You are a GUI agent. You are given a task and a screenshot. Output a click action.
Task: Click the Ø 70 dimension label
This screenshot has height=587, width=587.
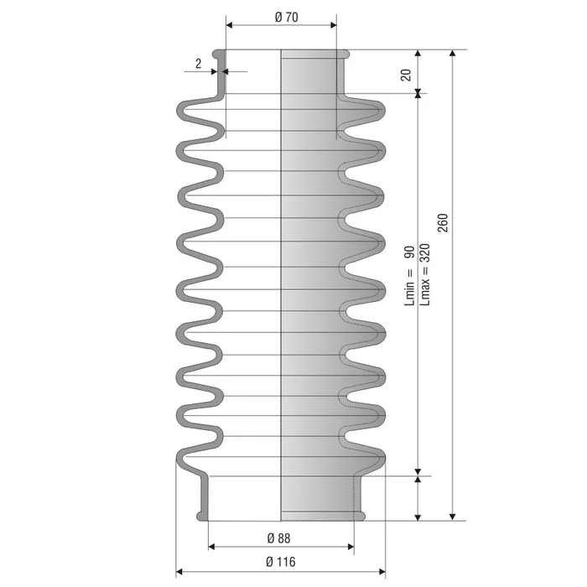tap(287, 18)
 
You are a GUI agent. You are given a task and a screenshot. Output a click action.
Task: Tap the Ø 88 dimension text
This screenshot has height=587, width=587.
tap(279, 538)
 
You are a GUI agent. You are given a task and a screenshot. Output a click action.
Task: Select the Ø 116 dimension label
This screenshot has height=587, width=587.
tap(281, 562)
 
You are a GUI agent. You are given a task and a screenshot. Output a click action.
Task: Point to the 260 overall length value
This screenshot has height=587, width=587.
tap(443, 223)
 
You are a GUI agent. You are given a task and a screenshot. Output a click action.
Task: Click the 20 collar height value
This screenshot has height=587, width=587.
tap(406, 75)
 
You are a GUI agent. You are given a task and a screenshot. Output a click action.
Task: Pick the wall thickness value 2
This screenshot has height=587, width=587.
tap(198, 64)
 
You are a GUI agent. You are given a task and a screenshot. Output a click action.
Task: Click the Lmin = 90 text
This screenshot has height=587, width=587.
tap(409, 276)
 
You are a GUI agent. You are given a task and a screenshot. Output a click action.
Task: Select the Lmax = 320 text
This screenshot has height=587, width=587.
tap(425, 274)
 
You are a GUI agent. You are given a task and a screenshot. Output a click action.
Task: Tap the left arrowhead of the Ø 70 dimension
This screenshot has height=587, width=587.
tap(230, 25)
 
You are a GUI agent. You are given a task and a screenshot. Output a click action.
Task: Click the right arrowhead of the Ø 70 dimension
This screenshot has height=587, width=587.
tap(333, 25)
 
